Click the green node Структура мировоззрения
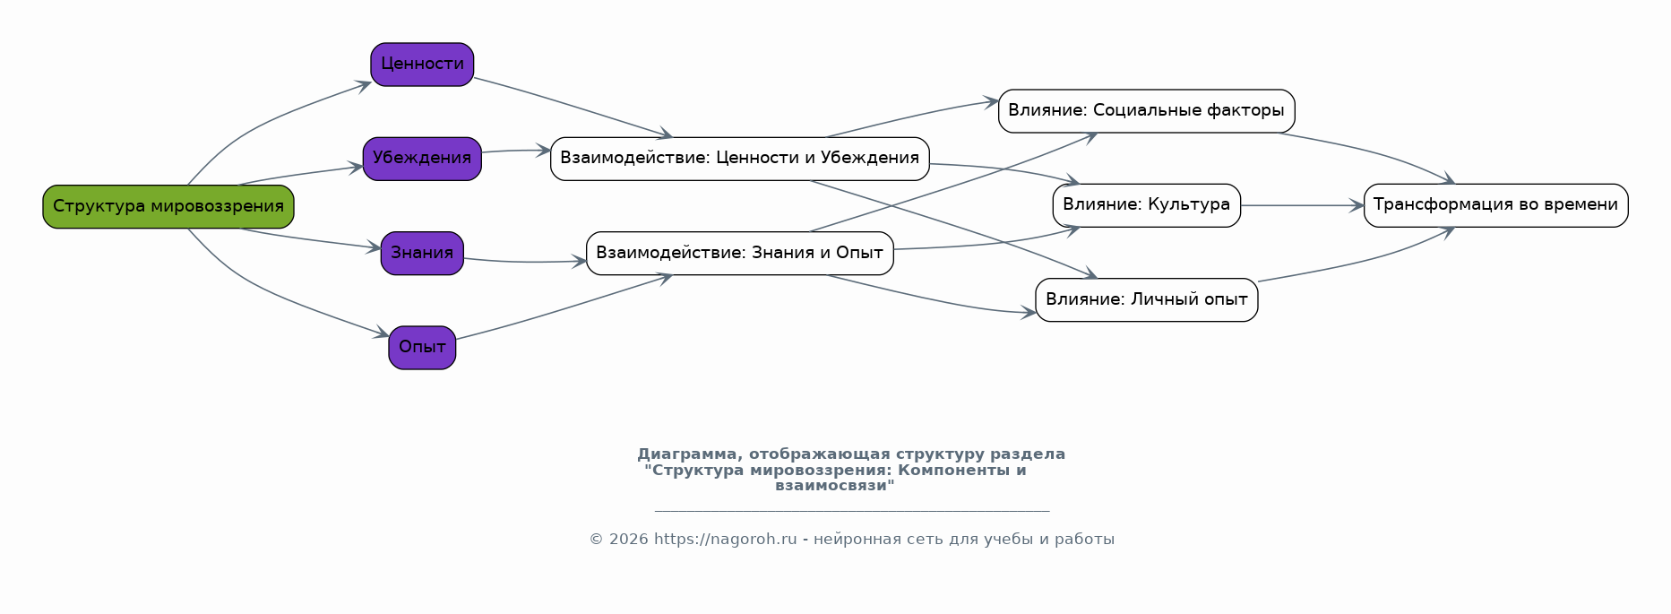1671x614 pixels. coord(168,206)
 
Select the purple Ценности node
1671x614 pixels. coord(422,65)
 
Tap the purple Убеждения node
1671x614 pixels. coord(422,159)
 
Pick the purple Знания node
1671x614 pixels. coord(422,253)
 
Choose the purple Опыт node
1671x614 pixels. coord(422,348)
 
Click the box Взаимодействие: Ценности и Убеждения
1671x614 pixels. coord(739,159)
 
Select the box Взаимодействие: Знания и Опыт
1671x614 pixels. coord(739,253)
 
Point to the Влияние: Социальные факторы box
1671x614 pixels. coord(1146,111)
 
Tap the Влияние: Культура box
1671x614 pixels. coord(1146,205)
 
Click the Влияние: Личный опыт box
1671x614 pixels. coord(1146,299)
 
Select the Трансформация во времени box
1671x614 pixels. coord(1495,205)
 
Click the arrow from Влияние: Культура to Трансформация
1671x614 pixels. coord(1301,205)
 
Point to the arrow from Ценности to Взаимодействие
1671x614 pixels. coord(573,106)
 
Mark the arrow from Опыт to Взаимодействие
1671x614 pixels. coord(564,308)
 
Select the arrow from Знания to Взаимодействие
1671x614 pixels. coord(524,262)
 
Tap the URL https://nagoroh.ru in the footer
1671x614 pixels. coord(725,540)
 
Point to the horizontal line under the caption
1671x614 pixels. coord(851,511)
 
